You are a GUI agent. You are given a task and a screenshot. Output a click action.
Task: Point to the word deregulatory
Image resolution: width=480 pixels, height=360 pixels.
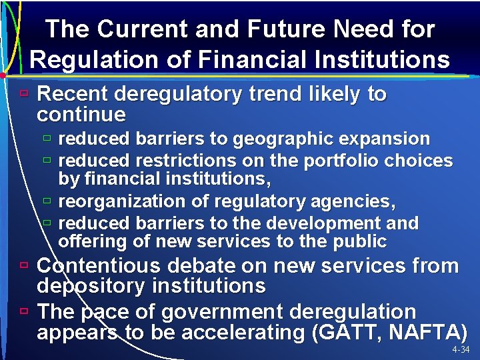pos(179,94)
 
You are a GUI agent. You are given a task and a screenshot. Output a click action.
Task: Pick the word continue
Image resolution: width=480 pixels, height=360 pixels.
pos(81,114)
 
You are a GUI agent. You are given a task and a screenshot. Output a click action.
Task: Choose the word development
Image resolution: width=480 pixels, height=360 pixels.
pos(350,223)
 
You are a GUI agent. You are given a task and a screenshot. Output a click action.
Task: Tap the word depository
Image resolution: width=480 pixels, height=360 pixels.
pos(94,286)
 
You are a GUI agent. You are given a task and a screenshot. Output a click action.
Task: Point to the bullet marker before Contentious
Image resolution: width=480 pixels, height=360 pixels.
pos(23,265)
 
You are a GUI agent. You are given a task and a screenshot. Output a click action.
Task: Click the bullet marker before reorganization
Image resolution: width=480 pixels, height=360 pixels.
pos(47,200)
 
